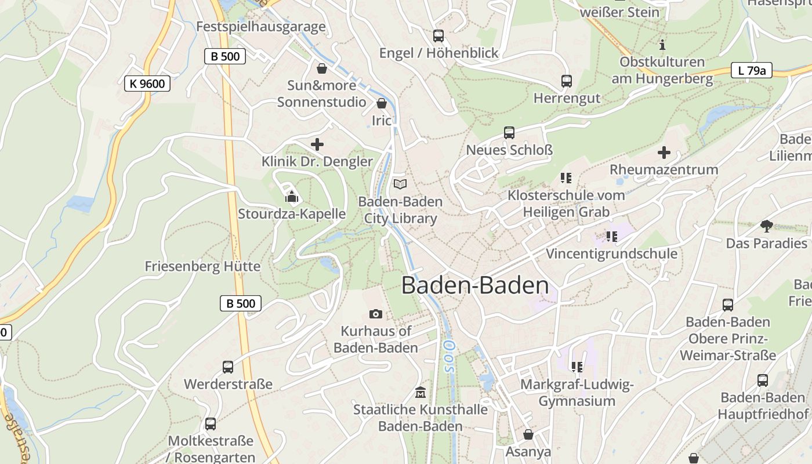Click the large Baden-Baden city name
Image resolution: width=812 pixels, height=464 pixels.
click(475, 285)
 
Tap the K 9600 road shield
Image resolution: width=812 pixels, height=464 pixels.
click(147, 84)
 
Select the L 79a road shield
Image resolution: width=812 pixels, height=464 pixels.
click(751, 71)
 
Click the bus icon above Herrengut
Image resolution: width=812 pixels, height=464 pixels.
click(567, 81)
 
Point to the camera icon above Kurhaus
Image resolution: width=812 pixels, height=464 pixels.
click(376, 314)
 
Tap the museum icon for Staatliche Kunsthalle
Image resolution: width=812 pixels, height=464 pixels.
click(420, 393)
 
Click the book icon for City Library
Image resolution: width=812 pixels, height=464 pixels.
click(400, 184)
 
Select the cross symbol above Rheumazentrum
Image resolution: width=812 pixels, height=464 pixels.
click(664, 153)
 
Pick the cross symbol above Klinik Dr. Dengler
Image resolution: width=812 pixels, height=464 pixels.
click(317, 144)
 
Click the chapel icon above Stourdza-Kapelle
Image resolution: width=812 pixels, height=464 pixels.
click(291, 197)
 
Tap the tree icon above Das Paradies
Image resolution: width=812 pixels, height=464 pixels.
click(766, 226)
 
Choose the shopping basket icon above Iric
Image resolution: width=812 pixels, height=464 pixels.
click(382, 104)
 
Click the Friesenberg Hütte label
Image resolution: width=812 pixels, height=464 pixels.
click(202, 267)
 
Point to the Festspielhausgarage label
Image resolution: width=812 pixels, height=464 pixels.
click(260, 27)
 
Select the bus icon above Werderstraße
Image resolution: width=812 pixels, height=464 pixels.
click(228, 367)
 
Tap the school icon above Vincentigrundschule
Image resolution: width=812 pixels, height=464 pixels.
click(611, 237)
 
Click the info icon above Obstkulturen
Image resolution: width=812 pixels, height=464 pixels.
click(662, 45)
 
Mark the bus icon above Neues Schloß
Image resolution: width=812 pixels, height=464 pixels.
click(509, 133)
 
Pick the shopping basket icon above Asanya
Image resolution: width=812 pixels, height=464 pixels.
click(528, 434)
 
